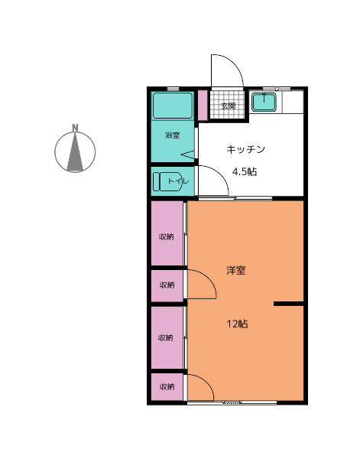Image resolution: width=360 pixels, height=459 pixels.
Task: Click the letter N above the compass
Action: click(x=75, y=128)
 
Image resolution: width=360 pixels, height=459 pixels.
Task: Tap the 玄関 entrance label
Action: click(x=228, y=106)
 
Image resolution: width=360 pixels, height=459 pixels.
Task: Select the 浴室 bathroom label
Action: click(x=172, y=135)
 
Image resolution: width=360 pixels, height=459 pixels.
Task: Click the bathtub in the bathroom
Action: click(x=173, y=106)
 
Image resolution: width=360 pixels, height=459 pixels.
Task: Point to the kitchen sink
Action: click(x=264, y=102)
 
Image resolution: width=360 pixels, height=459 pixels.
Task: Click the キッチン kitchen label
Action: click(x=245, y=149)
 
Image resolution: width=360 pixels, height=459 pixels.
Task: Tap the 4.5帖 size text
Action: click(x=245, y=171)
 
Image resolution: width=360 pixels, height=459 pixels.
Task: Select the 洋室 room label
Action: click(x=236, y=270)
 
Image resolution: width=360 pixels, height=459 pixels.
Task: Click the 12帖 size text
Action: click(x=238, y=324)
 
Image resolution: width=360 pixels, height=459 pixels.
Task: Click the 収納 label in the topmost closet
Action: click(x=167, y=236)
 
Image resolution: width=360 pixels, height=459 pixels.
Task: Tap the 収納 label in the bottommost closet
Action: click(x=167, y=386)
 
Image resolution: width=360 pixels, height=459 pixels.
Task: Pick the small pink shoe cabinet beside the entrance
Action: click(x=203, y=105)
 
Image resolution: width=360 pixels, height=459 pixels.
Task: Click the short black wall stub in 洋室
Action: click(x=288, y=304)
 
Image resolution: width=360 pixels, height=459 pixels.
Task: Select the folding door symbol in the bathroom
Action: click(x=188, y=155)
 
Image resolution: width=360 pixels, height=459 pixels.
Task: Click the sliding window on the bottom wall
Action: click(x=232, y=402)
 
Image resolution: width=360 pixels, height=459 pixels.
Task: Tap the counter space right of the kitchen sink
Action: click(x=293, y=102)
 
